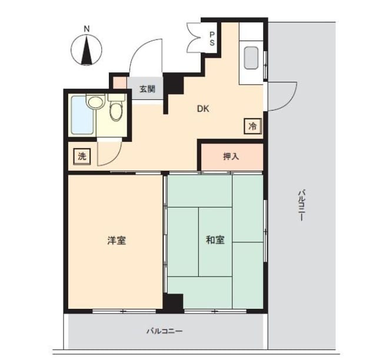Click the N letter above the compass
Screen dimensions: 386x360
tap(86, 29)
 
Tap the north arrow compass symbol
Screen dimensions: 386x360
tap(86, 50)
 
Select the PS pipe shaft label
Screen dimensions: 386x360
tap(212, 38)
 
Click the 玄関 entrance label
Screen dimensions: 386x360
tap(148, 89)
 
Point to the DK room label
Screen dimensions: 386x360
tap(203, 109)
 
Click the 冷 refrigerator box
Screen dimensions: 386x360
tap(252, 126)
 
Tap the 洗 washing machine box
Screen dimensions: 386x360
tap(82, 156)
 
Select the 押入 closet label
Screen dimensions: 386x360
tap(231, 156)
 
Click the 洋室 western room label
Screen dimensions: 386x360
tap(117, 241)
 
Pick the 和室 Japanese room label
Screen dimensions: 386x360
tap(215, 240)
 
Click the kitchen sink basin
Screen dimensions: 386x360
tap(251, 58)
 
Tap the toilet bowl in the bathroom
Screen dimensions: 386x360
tap(116, 111)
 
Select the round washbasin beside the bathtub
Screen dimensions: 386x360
tap(95, 102)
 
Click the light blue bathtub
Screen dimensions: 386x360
tap(82, 115)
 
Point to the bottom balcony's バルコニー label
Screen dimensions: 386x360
tap(165, 331)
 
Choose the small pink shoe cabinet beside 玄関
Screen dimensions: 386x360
tap(119, 83)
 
